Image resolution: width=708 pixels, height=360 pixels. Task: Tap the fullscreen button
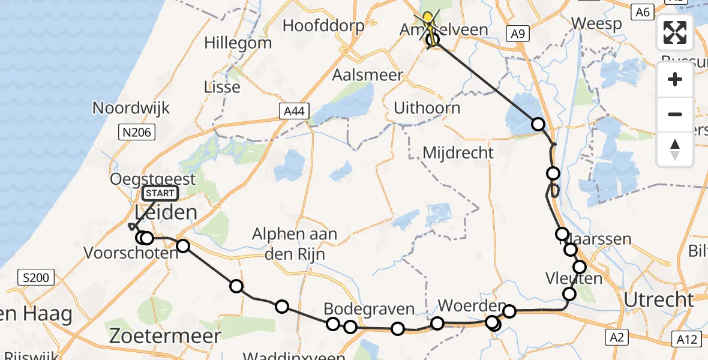point(675,32)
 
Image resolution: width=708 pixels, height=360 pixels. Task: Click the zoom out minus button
point(675,114)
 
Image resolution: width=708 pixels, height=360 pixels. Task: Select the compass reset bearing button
point(675,149)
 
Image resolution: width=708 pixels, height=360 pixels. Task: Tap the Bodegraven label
point(369,309)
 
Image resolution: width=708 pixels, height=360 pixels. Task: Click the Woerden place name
point(467,305)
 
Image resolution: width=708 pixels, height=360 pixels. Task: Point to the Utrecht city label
point(659,299)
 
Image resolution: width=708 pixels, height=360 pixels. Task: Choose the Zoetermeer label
point(165,336)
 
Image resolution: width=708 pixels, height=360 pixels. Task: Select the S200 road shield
point(37,278)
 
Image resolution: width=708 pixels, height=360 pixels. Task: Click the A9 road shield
point(517,34)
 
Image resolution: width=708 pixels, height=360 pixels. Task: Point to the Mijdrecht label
point(458,152)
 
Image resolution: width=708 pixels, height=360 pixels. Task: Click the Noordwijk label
point(131,109)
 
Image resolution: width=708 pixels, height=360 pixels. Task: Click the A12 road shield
point(686,339)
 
